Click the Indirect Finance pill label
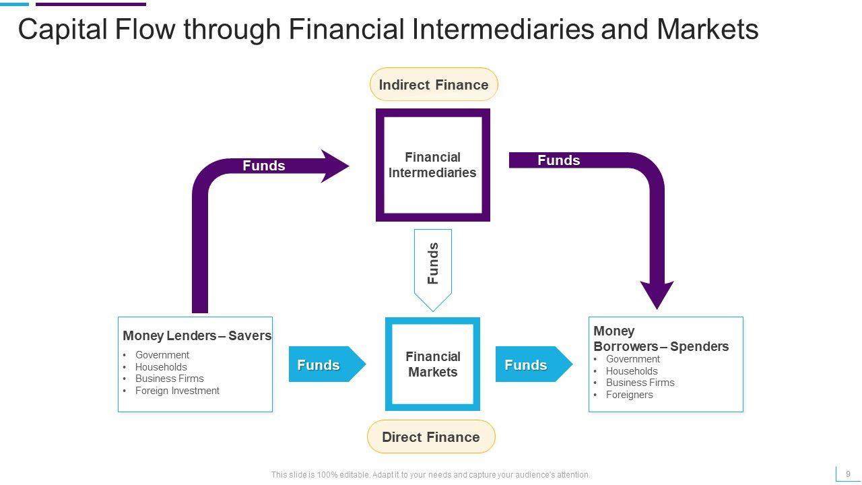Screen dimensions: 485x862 [x=434, y=85]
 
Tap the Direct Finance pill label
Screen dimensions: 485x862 [x=431, y=437]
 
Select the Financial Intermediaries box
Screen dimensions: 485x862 [x=432, y=165]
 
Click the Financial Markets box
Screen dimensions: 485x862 [x=432, y=364]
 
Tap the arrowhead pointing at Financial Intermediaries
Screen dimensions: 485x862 [x=335, y=166]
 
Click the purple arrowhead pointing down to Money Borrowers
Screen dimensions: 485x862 [x=657, y=295]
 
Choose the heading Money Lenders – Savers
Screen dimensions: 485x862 [x=197, y=335]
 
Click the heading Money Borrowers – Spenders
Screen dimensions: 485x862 [x=661, y=339]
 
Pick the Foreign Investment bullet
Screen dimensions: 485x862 [x=177, y=391]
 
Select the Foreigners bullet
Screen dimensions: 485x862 [x=629, y=395]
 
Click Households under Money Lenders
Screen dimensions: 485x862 [x=161, y=367]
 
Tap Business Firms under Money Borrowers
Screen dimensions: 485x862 [x=640, y=383]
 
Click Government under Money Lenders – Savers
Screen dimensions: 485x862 [x=162, y=355]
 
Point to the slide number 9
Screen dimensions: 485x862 [x=848, y=474]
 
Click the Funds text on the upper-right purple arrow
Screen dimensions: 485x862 [x=558, y=160]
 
